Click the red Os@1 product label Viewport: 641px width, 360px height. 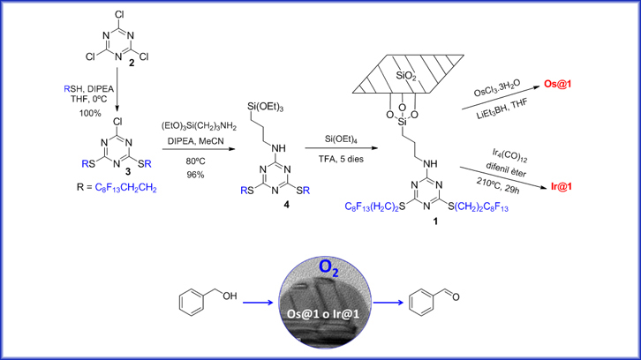(x=560, y=85)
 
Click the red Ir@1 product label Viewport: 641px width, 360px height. (x=562, y=187)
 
